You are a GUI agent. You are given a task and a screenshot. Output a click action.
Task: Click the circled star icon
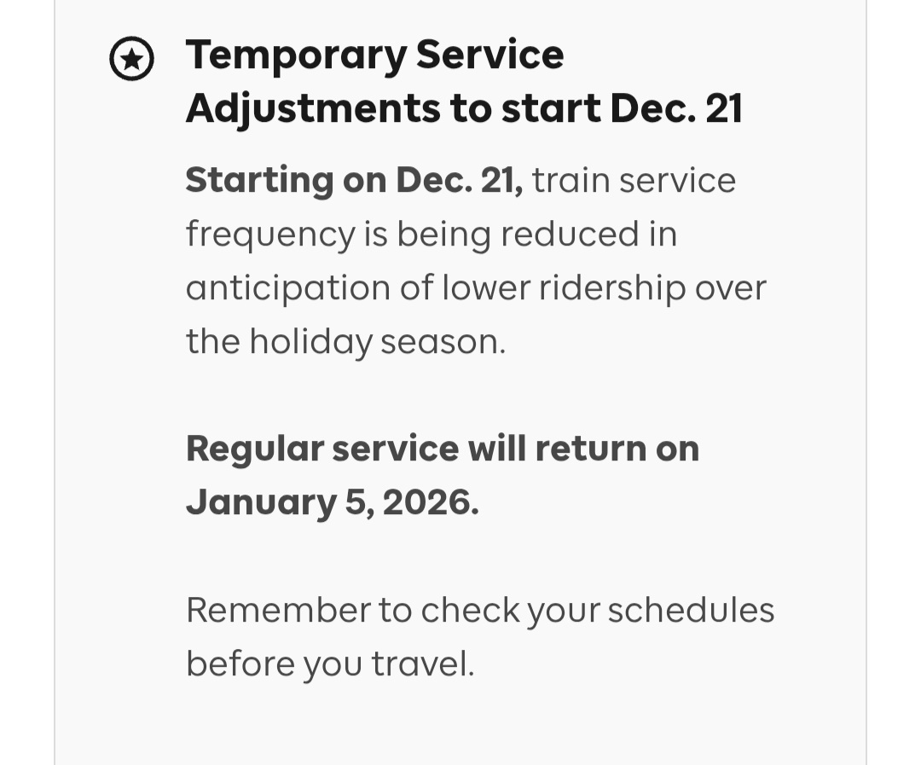(x=131, y=59)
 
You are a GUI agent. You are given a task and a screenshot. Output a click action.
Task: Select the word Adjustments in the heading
(x=313, y=110)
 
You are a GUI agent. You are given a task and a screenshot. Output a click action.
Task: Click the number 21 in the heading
(x=724, y=108)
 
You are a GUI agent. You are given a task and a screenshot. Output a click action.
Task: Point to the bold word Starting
(x=259, y=181)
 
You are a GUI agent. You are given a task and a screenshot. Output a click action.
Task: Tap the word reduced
(x=569, y=234)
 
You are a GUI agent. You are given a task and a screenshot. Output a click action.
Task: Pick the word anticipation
(x=288, y=289)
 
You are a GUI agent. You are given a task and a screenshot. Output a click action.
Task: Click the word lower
(x=486, y=288)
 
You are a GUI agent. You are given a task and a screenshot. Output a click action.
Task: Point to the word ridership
(x=612, y=289)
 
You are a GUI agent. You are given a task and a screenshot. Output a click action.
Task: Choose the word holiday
(x=310, y=343)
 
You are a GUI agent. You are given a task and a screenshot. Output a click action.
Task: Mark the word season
(x=443, y=343)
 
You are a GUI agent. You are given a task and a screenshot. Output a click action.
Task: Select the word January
(x=262, y=504)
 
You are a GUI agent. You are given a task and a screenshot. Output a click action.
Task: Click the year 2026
(x=431, y=503)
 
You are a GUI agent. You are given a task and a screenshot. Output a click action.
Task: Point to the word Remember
(x=278, y=610)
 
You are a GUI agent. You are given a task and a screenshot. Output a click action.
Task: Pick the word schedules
(x=691, y=610)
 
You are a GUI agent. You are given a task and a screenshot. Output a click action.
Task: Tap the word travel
(x=422, y=664)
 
